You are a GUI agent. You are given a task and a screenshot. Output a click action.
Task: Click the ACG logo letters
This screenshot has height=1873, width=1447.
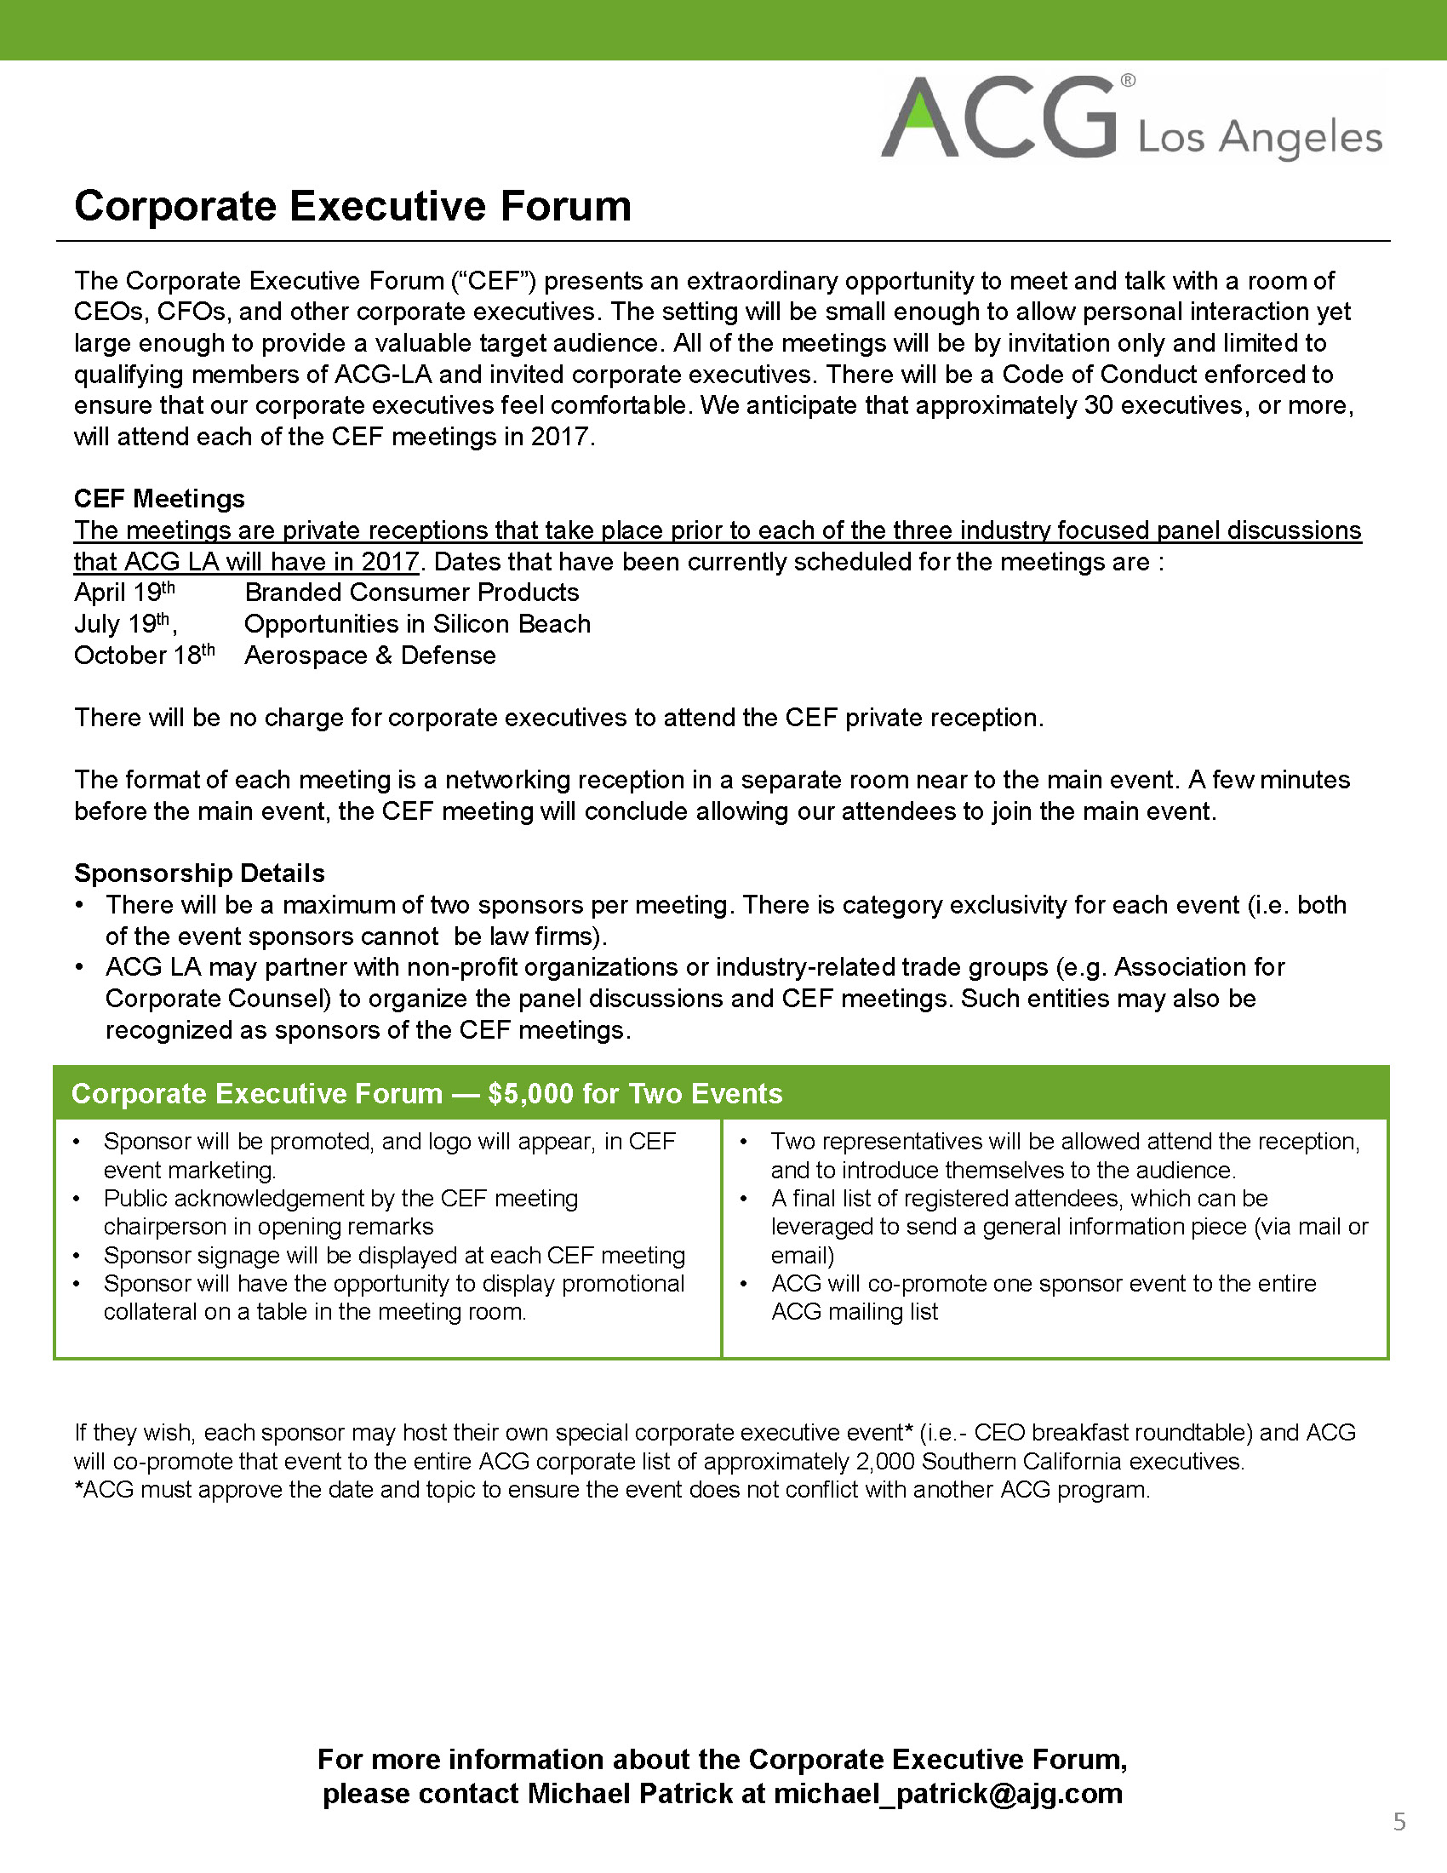click(x=998, y=118)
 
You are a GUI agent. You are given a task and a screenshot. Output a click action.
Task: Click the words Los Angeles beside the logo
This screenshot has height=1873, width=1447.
click(x=1260, y=137)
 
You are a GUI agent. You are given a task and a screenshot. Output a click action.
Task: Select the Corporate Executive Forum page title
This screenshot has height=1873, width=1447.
click(x=352, y=206)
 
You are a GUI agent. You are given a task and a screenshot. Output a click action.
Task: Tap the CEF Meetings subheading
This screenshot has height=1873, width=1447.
click(x=159, y=498)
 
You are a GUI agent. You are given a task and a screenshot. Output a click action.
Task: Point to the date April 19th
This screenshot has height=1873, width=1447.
click(x=124, y=592)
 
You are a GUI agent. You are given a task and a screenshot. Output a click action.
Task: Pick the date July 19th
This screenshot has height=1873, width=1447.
click(x=125, y=623)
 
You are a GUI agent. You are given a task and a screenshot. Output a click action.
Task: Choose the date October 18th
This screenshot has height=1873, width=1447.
click(x=144, y=655)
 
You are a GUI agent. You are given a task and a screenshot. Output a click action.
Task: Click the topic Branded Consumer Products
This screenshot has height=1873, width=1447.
click(x=411, y=592)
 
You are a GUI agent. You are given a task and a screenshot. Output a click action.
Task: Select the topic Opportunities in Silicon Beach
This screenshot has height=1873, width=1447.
click(x=417, y=623)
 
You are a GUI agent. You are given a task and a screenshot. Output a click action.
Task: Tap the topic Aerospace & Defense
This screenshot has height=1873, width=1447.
click(x=370, y=656)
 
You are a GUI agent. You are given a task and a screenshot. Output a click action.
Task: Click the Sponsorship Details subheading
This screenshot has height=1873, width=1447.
click(x=200, y=873)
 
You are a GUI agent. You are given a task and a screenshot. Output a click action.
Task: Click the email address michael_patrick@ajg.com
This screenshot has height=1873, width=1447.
click(x=948, y=1793)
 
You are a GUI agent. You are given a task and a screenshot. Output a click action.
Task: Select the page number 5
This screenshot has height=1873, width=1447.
click(x=1399, y=1821)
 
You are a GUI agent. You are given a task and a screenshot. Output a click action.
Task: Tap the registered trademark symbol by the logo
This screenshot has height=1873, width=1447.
click(x=1128, y=81)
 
